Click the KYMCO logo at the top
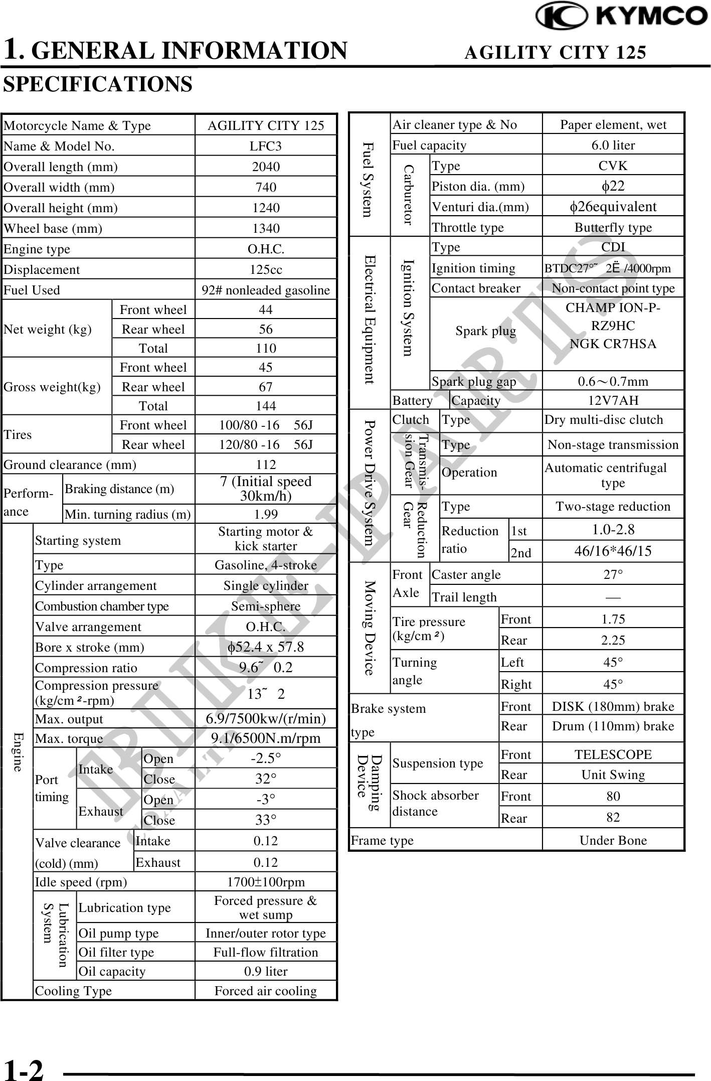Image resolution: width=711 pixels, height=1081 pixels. [x=621, y=16]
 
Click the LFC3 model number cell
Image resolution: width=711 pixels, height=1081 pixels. [x=266, y=146]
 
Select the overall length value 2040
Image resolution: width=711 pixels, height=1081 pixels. [x=266, y=167]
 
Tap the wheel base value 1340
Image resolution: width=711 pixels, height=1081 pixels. [x=266, y=228]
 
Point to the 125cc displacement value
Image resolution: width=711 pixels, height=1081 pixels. [x=266, y=269]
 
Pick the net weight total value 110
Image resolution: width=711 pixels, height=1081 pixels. [x=266, y=348]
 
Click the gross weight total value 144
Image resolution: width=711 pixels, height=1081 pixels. [x=266, y=406]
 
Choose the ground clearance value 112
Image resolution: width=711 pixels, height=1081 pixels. [x=266, y=465]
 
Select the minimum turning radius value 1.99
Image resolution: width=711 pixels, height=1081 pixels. [x=266, y=514]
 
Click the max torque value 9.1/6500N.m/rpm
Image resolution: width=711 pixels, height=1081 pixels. [x=266, y=738]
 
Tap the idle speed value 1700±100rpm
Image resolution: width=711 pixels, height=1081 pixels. [x=266, y=882]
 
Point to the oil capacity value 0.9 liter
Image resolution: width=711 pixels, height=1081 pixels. [x=266, y=971]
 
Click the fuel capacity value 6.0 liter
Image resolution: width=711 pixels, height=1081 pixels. [x=613, y=145]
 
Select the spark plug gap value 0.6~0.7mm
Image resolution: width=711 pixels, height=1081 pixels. [x=613, y=381]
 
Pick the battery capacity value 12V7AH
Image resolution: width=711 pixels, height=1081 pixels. [x=613, y=400]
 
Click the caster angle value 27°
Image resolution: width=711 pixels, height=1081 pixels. [x=613, y=574]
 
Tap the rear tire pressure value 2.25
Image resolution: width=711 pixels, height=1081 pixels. [x=613, y=640]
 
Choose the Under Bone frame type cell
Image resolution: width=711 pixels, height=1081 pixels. [x=613, y=840]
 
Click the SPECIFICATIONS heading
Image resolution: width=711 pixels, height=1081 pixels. [x=98, y=84]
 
